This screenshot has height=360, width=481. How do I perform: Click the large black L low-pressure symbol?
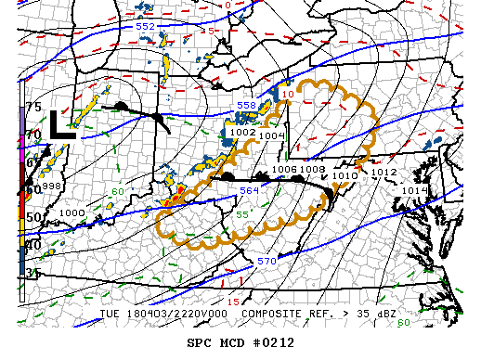(x=62, y=123)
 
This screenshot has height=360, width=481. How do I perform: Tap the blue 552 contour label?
(x=145, y=27)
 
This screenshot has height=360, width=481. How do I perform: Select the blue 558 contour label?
(x=246, y=106)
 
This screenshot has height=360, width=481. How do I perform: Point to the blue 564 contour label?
(x=250, y=190)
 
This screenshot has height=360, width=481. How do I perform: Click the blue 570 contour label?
(x=266, y=262)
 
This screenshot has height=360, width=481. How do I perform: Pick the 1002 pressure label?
(x=242, y=133)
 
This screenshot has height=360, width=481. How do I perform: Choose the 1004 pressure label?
(x=271, y=136)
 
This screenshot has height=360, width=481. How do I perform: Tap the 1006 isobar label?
(x=285, y=170)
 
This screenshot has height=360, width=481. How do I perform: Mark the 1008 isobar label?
(x=312, y=170)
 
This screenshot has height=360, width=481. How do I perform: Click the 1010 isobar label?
(x=344, y=175)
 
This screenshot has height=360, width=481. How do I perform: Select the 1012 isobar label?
(x=383, y=173)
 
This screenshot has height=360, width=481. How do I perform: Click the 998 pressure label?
(x=50, y=186)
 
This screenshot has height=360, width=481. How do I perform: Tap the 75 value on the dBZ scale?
(x=33, y=108)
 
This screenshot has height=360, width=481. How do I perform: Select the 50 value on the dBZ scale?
(x=33, y=217)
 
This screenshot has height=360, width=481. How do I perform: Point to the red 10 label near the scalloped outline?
(x=288, y=95)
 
